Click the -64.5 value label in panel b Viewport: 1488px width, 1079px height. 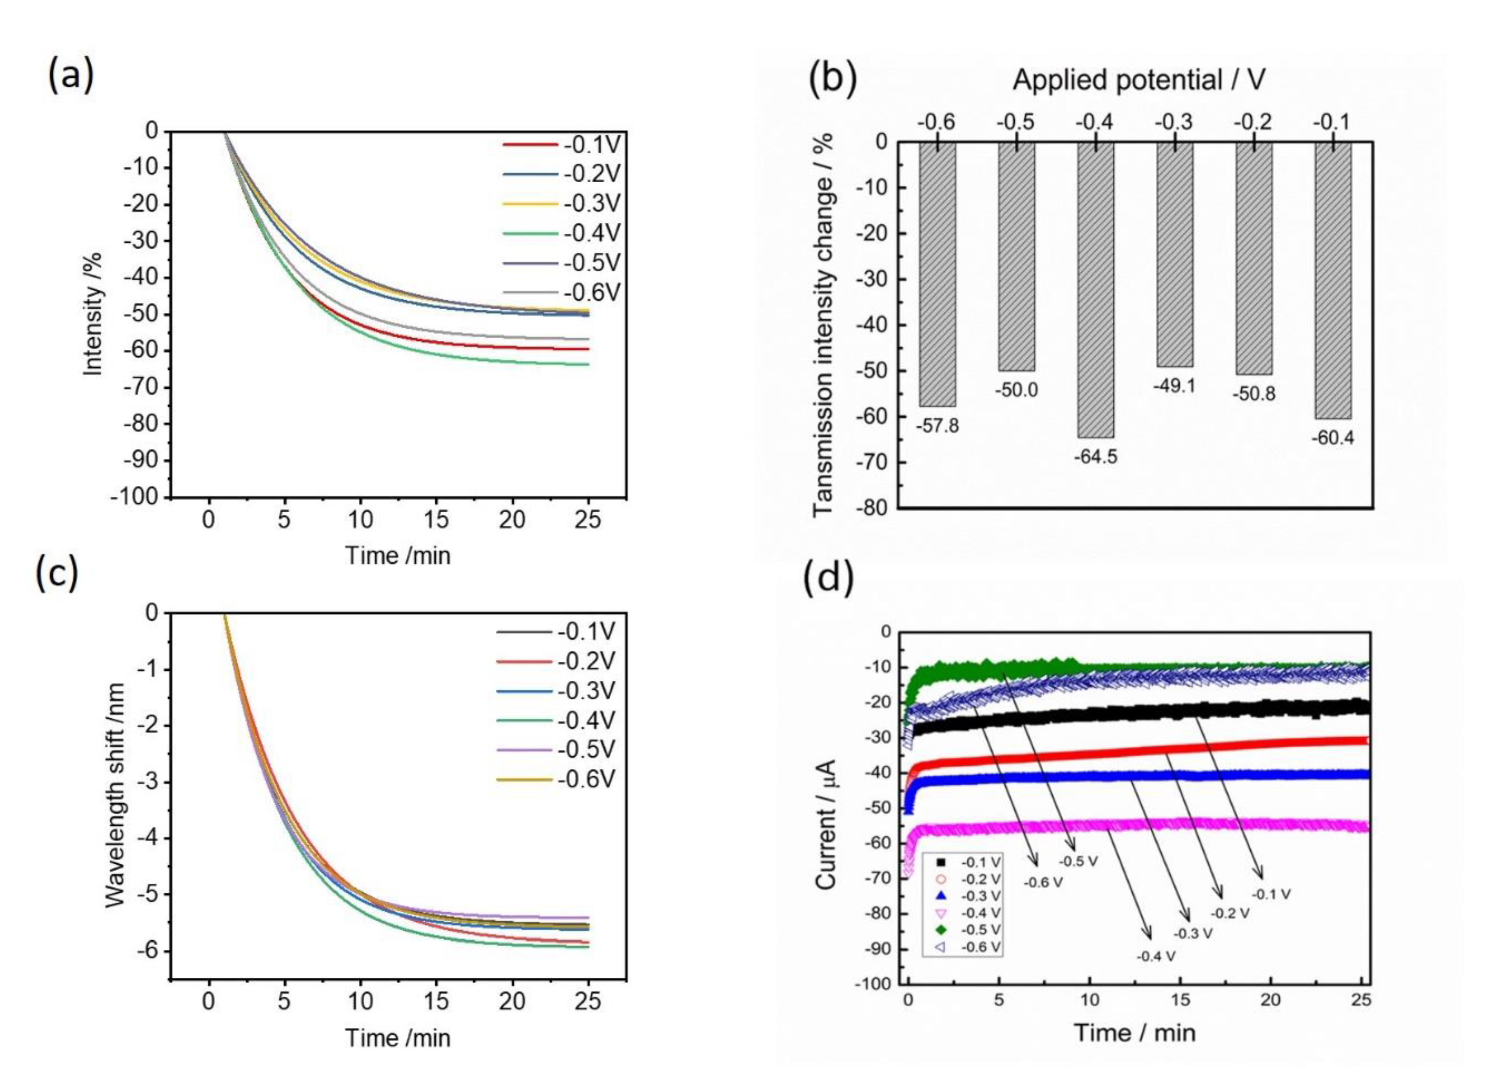(1095, 456)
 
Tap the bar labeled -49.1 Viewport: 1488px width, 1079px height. (1174, 256)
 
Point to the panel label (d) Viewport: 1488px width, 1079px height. (829, 578)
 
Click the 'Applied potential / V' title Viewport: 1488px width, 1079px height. (1138, 80)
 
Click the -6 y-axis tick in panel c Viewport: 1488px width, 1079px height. (148, 951)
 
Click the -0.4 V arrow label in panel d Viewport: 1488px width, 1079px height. (1156, 956)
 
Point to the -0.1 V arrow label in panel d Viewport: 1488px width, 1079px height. (1271, 894)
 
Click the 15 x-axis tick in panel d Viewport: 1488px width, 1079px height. (1180, 1000)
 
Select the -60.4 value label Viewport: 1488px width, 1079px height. (1332, 437)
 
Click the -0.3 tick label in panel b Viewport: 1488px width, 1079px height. (1174, 122)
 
